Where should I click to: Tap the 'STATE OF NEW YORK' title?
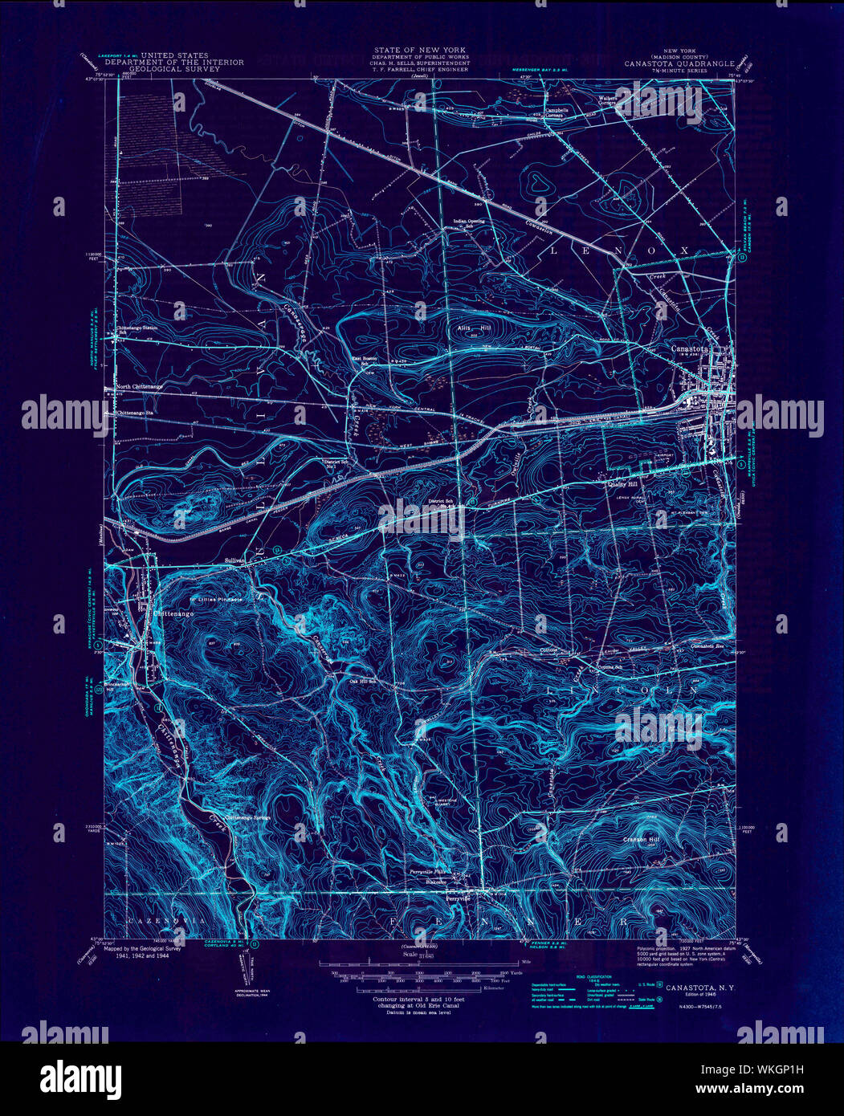418,50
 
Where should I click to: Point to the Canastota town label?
689,350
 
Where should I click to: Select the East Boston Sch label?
366,360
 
